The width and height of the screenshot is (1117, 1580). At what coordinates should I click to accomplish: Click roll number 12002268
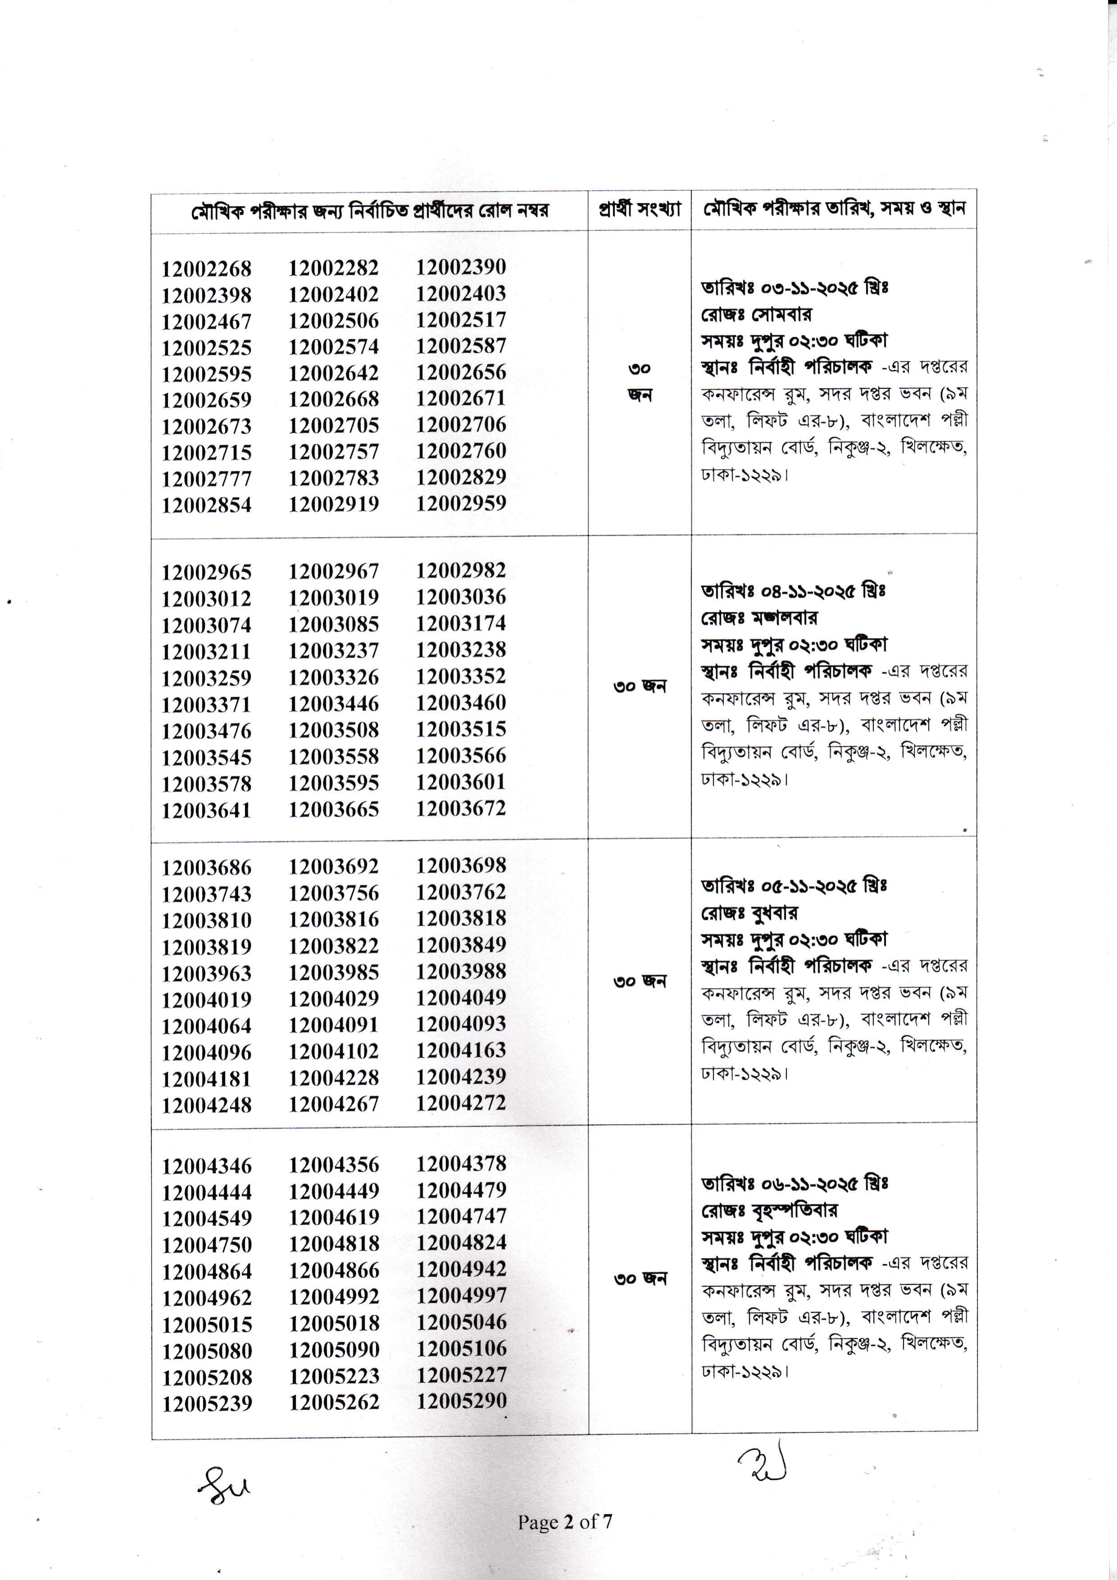pyautogui.click(x=206, y=268)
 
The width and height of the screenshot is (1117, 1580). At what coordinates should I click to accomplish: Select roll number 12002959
pyautogui.click(x=461, y=503)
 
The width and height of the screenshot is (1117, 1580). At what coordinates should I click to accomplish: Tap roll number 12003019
pyautogui.click(x=334, y=597)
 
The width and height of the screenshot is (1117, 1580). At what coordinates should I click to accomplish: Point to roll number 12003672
pyautogui.click(x=461, y=808)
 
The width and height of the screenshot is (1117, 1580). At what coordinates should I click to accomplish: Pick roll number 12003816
pyautogui.click(x=334, y=919)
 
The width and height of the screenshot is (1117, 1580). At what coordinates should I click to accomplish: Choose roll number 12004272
pyautogui.click(x=461, y=1103)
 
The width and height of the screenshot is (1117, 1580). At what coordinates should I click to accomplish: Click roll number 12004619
pyautogui.click(x=334, y=1217)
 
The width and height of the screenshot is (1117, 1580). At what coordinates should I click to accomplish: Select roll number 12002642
pyautogui.click(x=334, y=373)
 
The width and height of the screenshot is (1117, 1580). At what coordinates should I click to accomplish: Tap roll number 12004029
pyautogui.click(x=334, y=999)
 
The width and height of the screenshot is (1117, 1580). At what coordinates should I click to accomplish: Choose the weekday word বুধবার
pyautogui.click(x=774, y=913)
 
